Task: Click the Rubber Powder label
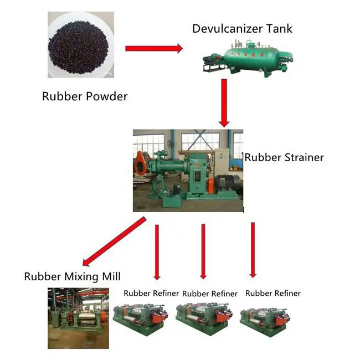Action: pos(85,96)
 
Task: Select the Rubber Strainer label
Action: pos(284,157)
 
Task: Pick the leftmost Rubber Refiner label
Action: pos(150,293)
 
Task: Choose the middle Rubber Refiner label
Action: pos(209,294)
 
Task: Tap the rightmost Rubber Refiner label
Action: pos(273,293)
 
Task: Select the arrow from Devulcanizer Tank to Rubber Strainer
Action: pos(224,102)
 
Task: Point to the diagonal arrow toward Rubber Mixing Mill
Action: pos(114,241)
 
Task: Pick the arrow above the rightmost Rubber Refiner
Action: pos(253,249)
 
